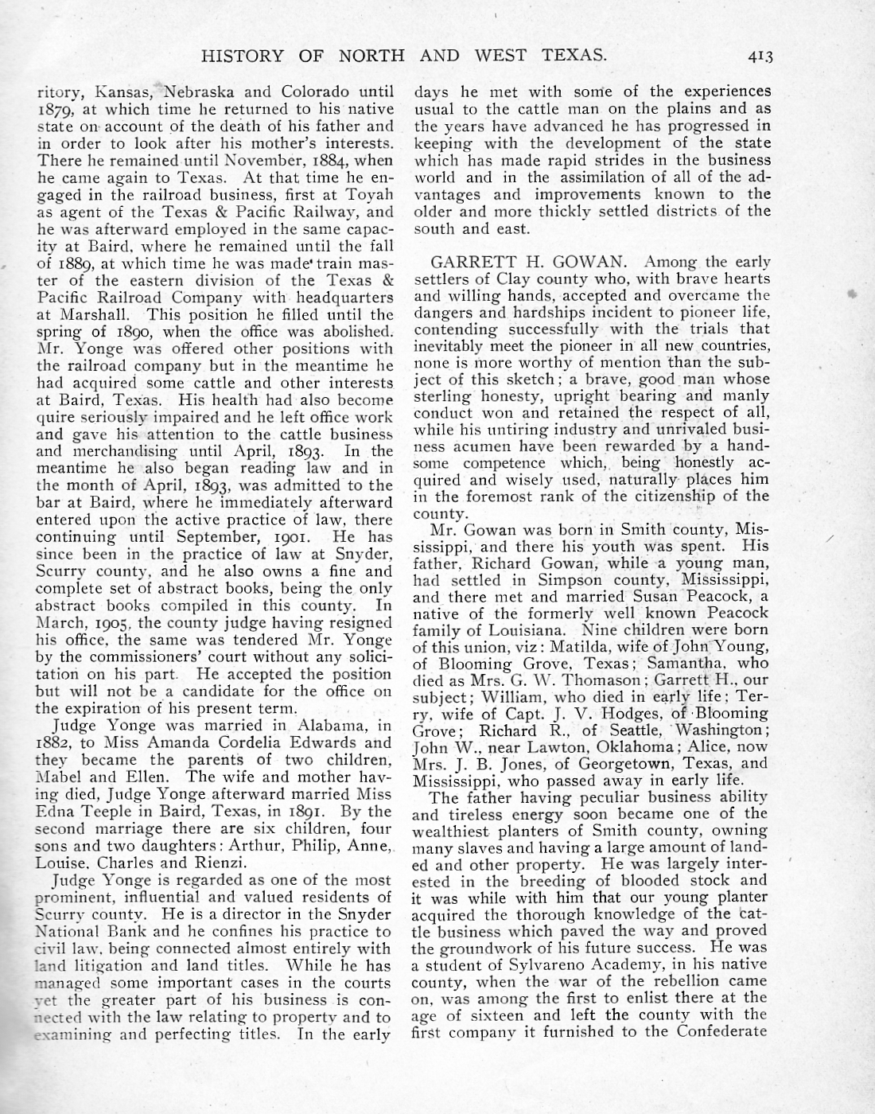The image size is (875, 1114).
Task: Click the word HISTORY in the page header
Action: (x=242, y=56)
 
